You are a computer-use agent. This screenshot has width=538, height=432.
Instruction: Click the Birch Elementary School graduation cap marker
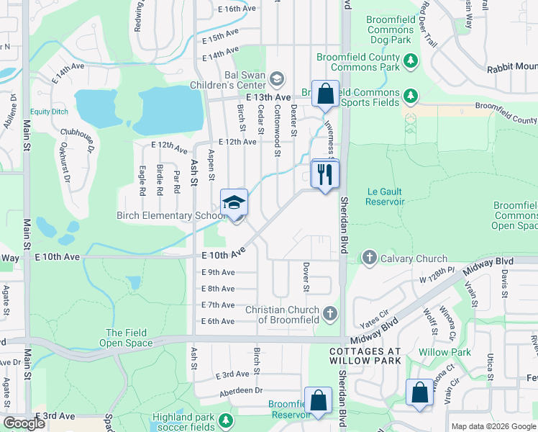[234, 203]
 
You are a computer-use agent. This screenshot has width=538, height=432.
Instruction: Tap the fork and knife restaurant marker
[325, 174]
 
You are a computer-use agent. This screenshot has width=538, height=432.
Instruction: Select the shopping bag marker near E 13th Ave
[325, 94]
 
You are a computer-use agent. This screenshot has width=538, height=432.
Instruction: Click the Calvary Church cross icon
[369, 258]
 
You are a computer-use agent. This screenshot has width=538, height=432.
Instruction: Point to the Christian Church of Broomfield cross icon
[330, 313]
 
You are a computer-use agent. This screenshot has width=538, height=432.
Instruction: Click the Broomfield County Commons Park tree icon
[411, 60]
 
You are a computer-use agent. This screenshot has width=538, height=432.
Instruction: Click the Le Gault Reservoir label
[386, 197]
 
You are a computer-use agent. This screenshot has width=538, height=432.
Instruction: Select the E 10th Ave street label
[224, 254]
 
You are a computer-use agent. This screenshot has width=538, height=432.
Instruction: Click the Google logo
[24, 423]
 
